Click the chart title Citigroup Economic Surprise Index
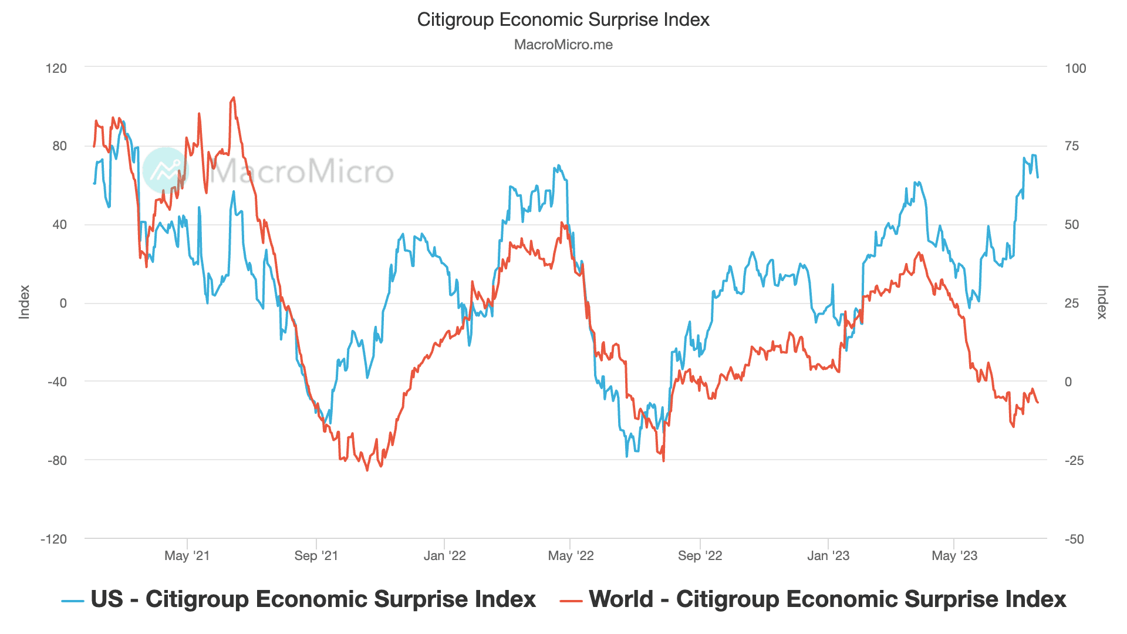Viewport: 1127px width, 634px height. click(563, 20)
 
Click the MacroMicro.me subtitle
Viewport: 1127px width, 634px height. click(563, 45)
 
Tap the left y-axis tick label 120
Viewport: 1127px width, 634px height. click(56, 68)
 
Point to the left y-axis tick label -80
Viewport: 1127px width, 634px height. click(57, 460)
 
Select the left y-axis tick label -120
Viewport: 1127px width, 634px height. click(53, 539)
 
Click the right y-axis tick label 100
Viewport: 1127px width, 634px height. click(1075, 68)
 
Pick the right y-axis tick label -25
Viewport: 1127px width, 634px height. click(1074, 460)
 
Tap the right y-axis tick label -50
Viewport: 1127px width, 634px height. click(1074, 539)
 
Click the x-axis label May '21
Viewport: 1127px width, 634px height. click(187, 556)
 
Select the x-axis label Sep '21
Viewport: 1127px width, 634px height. click(316, 556)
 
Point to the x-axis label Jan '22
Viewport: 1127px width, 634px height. click(444, 556)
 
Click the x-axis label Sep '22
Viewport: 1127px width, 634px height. click(700, 556)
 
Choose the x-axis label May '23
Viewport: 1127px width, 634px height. click(954, 556)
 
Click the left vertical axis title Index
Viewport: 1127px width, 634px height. click(24, 302)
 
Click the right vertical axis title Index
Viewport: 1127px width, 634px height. click(1102, 302)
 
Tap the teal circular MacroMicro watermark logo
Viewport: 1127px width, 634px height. click(166, 170)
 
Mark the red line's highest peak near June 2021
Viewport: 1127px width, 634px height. click(234, 98)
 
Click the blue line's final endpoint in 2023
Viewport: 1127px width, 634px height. click(1038, 177)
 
